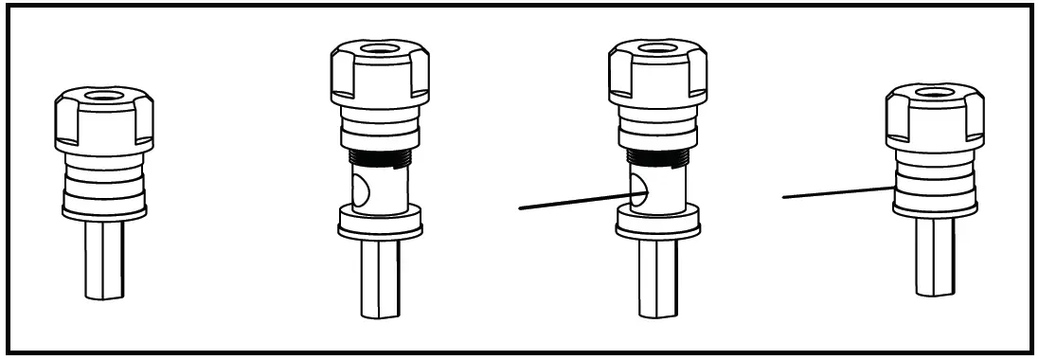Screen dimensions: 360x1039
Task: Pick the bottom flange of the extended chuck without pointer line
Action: [x=379, y=224]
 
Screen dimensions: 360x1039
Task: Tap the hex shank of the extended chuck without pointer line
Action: [x=379, y=279]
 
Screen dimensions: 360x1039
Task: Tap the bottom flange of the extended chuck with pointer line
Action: [x=657, y=224]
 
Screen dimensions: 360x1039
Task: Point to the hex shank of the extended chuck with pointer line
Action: [x=657, y=279]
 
